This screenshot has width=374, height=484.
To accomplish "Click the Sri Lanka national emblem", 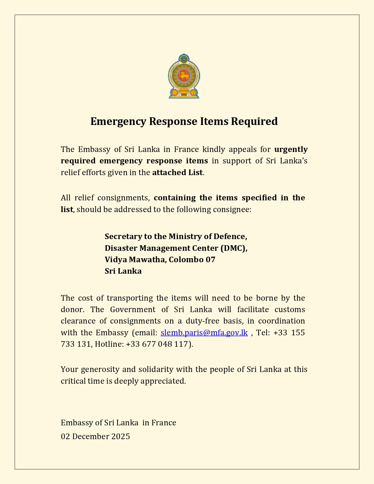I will [184, 76].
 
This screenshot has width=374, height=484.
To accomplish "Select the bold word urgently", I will [291, 149].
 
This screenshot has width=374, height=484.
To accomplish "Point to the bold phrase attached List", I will [177, 172].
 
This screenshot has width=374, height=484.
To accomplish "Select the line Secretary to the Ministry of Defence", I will [176, 236].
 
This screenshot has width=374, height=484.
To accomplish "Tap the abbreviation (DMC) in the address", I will [234, 248].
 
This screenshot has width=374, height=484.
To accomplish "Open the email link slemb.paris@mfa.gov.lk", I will [204, 333].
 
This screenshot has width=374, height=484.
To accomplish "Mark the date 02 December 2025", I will [95, 436].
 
